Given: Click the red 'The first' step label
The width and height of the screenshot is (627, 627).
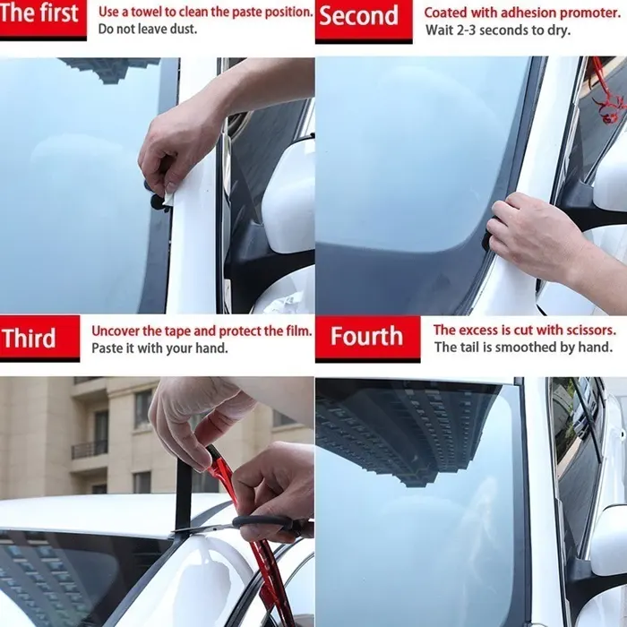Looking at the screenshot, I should tap(42, 15).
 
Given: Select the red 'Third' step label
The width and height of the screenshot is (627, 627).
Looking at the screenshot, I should tap(30, 339).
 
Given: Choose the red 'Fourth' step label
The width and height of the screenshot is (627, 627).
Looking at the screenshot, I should tap(366, 337).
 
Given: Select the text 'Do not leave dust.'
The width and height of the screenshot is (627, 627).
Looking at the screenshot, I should tap(148, 30).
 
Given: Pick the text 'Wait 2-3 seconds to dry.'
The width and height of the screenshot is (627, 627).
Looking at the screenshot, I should tap(496, 30).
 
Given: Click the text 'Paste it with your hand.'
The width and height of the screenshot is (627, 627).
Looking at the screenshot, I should tap(159, 348).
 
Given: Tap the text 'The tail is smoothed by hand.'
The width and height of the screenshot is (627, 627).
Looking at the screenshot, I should tap(523, 348).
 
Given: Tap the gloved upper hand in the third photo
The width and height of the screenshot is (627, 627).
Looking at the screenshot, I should tap(197, 412).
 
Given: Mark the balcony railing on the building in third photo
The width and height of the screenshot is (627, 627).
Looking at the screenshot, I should tap(89, 448).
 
